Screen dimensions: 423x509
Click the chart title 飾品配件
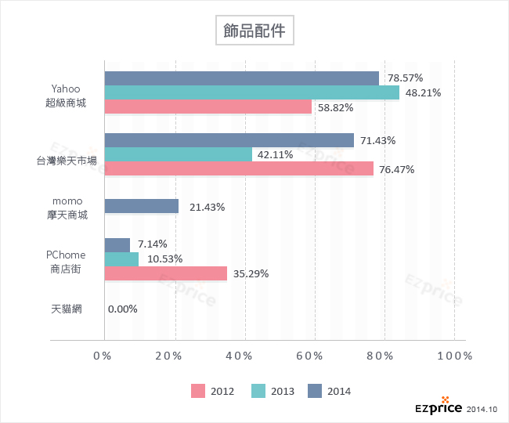pyautogui.click(x=254, y=32)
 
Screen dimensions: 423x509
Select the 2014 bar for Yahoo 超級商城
pyautogui.click(x=241, y=78)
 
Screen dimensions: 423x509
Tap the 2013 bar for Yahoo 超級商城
pyautogui.click(x=251, y=92)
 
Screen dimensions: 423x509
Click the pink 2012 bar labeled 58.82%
pyautogui.click(x=208, y=107)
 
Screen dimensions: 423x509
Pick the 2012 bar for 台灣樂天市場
pyautogui.click(x=239, y=168)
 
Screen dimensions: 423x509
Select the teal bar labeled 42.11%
pyautogui.click(x=178, y=154)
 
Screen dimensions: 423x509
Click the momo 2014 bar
pyautogui.click(x=141, y=207)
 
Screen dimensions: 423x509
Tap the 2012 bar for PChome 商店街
pyautogui.click(x=165, y=273)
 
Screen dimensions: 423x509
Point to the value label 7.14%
pyautogui.click(x=152, y=244)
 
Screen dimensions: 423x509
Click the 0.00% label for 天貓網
pyautogui.click(x=123, y=309)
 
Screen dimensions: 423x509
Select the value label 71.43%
pyautogui.click(x=378, y=140)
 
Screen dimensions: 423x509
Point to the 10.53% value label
pyautogui.click(x=164, y=259)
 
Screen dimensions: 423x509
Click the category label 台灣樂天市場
pyautogui.click(x=67, y=161)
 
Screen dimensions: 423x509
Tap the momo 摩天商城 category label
pyautogui.click(x=67, y=208)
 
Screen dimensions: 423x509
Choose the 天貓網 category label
pyautogui.click(x=67, y=309)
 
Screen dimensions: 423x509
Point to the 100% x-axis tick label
pyautogui.click(x=454, y=356)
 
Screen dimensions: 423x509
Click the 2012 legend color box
pyautogui.click(x=197, y=391)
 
